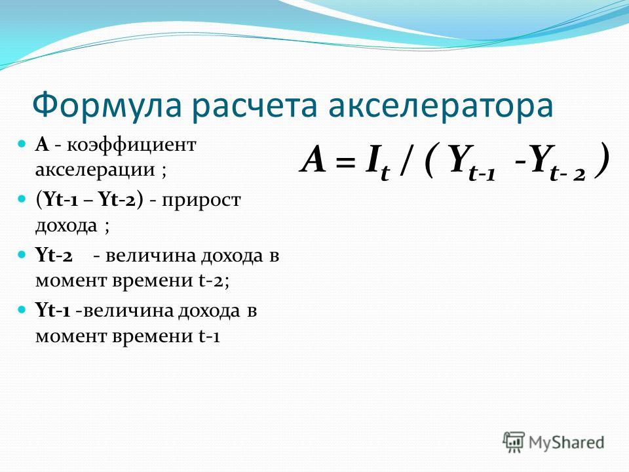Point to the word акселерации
95,169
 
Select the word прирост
201,200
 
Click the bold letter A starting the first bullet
42,144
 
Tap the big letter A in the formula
313,158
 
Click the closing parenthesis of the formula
601,159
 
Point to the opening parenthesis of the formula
429,159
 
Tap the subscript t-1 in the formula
482,173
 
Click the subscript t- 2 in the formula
567,173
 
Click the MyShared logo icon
514,442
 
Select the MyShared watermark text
566,442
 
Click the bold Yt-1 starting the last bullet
53,311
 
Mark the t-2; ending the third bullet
214,280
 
